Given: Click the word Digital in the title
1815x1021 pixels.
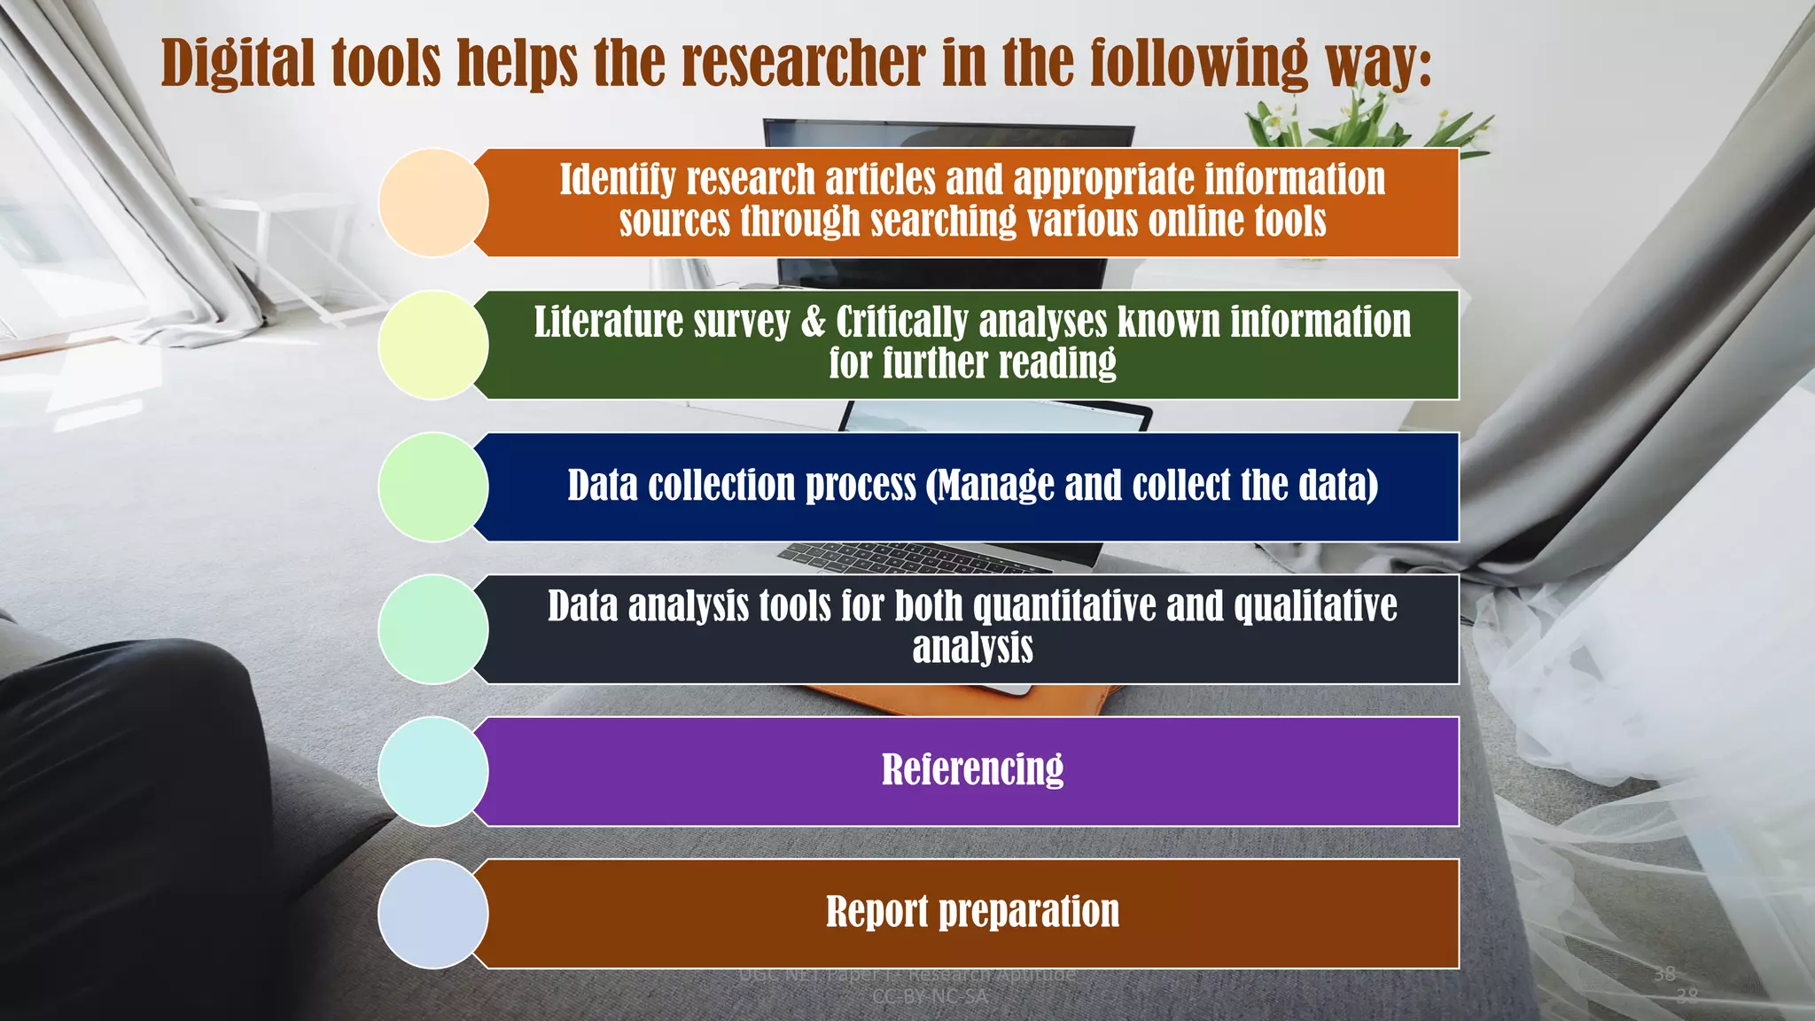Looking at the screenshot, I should pyautogui.click(x=238, y=64).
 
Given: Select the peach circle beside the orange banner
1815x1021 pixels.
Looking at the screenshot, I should pyautogui.click(x=432, y=203).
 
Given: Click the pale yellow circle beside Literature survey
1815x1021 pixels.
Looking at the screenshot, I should pyautogui.click(x=432, y=345).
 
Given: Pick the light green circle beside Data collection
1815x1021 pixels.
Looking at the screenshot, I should pyautogui.click(x=432, y=487).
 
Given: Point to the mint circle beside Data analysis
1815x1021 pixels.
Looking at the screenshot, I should pyautogui.click(x=432, y=629).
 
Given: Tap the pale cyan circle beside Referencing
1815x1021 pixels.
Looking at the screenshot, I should pyautogui.click(x=432, y=771).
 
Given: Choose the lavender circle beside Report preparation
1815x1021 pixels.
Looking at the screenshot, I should pyautogui.click(x=432, y=913).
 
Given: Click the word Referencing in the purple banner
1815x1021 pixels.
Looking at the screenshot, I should pyautogui.click(x=972, y=769).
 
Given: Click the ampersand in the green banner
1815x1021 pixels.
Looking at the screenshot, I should pyautogui.click(x=813, y=323).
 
